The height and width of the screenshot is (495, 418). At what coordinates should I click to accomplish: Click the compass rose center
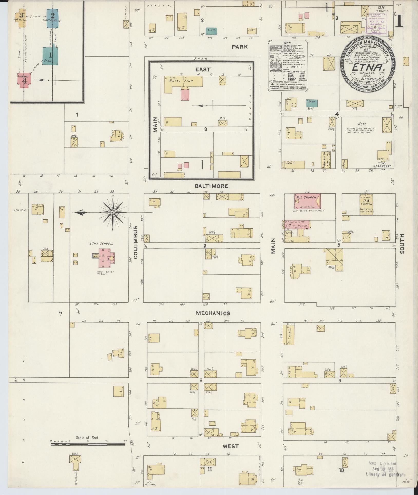[113, 213]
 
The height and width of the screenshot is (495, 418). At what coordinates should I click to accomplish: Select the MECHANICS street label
[213, 313]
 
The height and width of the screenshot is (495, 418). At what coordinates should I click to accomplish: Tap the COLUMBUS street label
[136, 242]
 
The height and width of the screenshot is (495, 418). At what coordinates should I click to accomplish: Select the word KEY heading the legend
[288, 43]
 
